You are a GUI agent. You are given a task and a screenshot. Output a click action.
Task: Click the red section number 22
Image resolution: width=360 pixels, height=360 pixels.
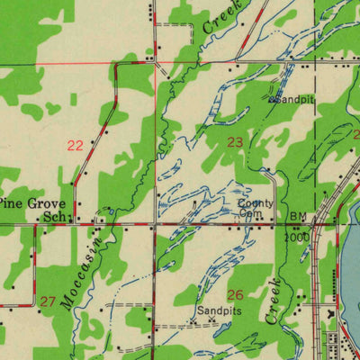click(x=76, y=145)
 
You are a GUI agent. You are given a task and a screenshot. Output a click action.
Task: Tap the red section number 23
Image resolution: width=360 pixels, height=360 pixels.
click(x=235, y=142)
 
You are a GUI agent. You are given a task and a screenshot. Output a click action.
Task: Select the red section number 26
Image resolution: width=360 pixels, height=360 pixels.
click(x=235, y=295)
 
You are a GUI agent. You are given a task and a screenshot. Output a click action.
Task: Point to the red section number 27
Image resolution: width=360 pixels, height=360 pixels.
click(x=48, y=301)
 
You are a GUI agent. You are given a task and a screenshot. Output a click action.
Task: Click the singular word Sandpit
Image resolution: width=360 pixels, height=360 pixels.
click(x=296, y=99)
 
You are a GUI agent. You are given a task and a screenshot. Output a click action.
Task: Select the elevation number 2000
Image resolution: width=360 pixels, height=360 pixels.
click(x=297, y=237)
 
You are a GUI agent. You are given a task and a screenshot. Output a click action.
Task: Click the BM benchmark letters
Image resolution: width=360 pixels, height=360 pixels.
click(x=298, y=217)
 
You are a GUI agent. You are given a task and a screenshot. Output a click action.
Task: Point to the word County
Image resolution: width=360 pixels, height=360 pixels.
click(x=256, y=203)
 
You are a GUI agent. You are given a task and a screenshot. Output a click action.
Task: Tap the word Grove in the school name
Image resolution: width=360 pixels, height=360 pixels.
click(x=45, y=203)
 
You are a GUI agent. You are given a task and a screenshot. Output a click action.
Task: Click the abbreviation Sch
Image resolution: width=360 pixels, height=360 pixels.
click(x=56, y=217)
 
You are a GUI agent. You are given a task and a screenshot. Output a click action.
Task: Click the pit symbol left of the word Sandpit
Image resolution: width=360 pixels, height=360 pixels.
click(x=273, y=99)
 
